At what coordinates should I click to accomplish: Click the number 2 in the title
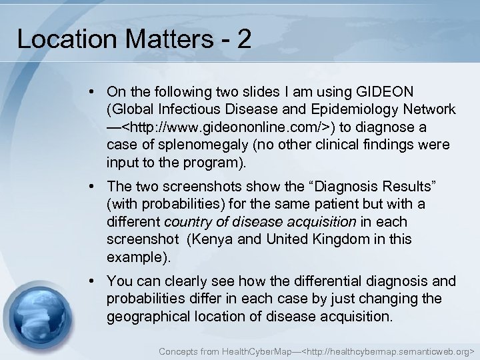click(244, 39)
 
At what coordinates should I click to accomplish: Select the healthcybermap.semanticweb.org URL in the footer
click(388, 350)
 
